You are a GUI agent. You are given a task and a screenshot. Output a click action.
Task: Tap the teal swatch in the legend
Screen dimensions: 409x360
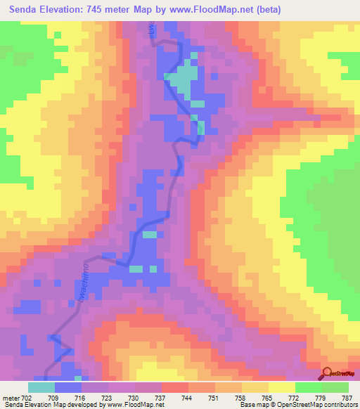41,387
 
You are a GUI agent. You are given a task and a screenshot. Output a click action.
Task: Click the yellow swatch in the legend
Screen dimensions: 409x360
281,387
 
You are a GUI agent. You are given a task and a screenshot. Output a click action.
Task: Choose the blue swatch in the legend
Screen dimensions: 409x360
68,387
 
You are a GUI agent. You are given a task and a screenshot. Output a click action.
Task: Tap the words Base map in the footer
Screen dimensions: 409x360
250,405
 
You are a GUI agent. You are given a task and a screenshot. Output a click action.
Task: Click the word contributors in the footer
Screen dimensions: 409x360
336,405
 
